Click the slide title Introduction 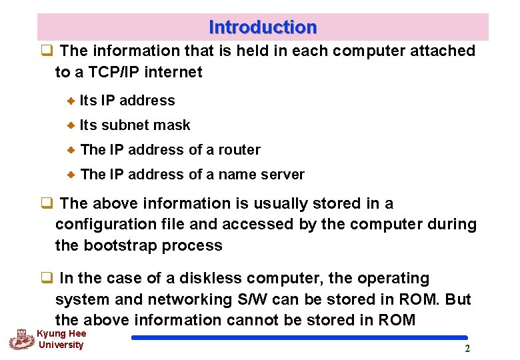263,27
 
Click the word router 238,150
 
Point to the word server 283,175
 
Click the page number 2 467,349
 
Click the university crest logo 21,339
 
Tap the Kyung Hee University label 61,339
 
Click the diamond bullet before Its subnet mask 71,125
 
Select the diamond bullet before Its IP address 71,101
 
